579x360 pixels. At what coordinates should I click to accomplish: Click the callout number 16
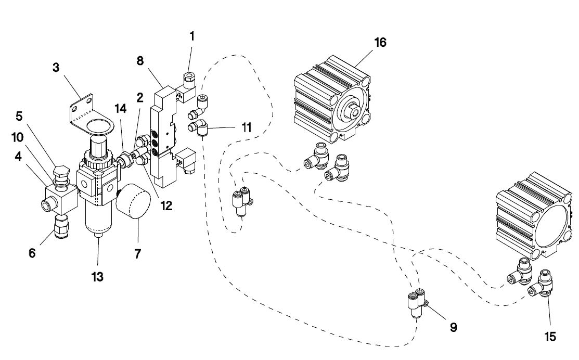point(380,42)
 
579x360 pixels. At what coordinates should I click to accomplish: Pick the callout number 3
point(57,67)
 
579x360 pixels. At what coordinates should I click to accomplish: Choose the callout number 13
point(97,277)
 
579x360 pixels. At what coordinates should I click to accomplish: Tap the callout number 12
point(166,205)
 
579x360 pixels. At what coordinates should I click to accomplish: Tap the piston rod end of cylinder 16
point(354,110)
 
